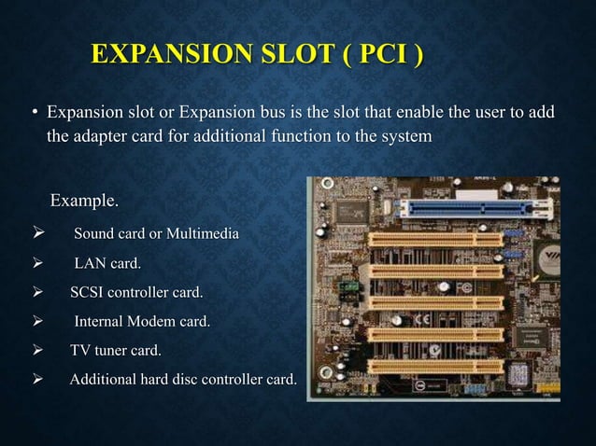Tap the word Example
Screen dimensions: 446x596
84,201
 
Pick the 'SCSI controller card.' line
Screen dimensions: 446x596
136,293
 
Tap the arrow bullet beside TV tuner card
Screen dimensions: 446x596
37,351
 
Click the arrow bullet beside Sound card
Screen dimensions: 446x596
37,232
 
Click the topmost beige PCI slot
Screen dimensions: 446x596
435,240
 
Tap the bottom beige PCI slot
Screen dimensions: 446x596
435,366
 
